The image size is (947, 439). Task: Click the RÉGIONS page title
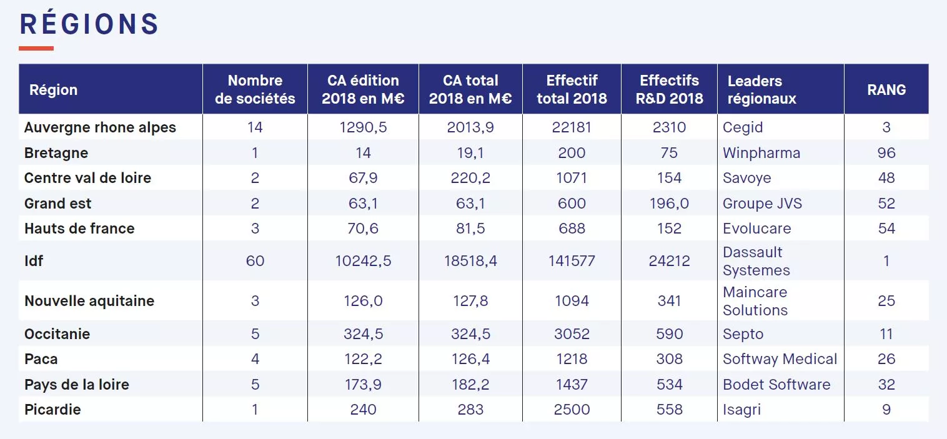(89, 24)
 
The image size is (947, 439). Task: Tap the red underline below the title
(36, 48)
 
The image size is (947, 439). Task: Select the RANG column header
(886, 89)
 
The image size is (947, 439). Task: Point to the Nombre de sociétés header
(255, 89)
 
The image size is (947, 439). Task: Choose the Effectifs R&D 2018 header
(669, 89)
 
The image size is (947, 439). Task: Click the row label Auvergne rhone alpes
(100, 127)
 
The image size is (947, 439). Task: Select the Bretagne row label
(56, 153)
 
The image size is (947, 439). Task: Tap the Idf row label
(34, 260)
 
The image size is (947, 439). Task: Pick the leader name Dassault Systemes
(756, 261)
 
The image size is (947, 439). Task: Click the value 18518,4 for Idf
(470, 260)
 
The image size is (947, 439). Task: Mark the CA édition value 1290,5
(363, 127)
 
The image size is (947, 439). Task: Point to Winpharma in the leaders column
(761, 153)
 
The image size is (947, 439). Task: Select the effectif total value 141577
(572, 260)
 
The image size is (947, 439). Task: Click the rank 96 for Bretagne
(886, 153)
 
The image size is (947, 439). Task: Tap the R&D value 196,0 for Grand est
(669, 204)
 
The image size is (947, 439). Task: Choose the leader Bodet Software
(776, 385)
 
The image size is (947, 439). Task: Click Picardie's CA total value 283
(470, 410)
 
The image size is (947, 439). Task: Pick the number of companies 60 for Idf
(255, 260)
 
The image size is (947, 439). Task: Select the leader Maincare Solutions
(755, 301)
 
